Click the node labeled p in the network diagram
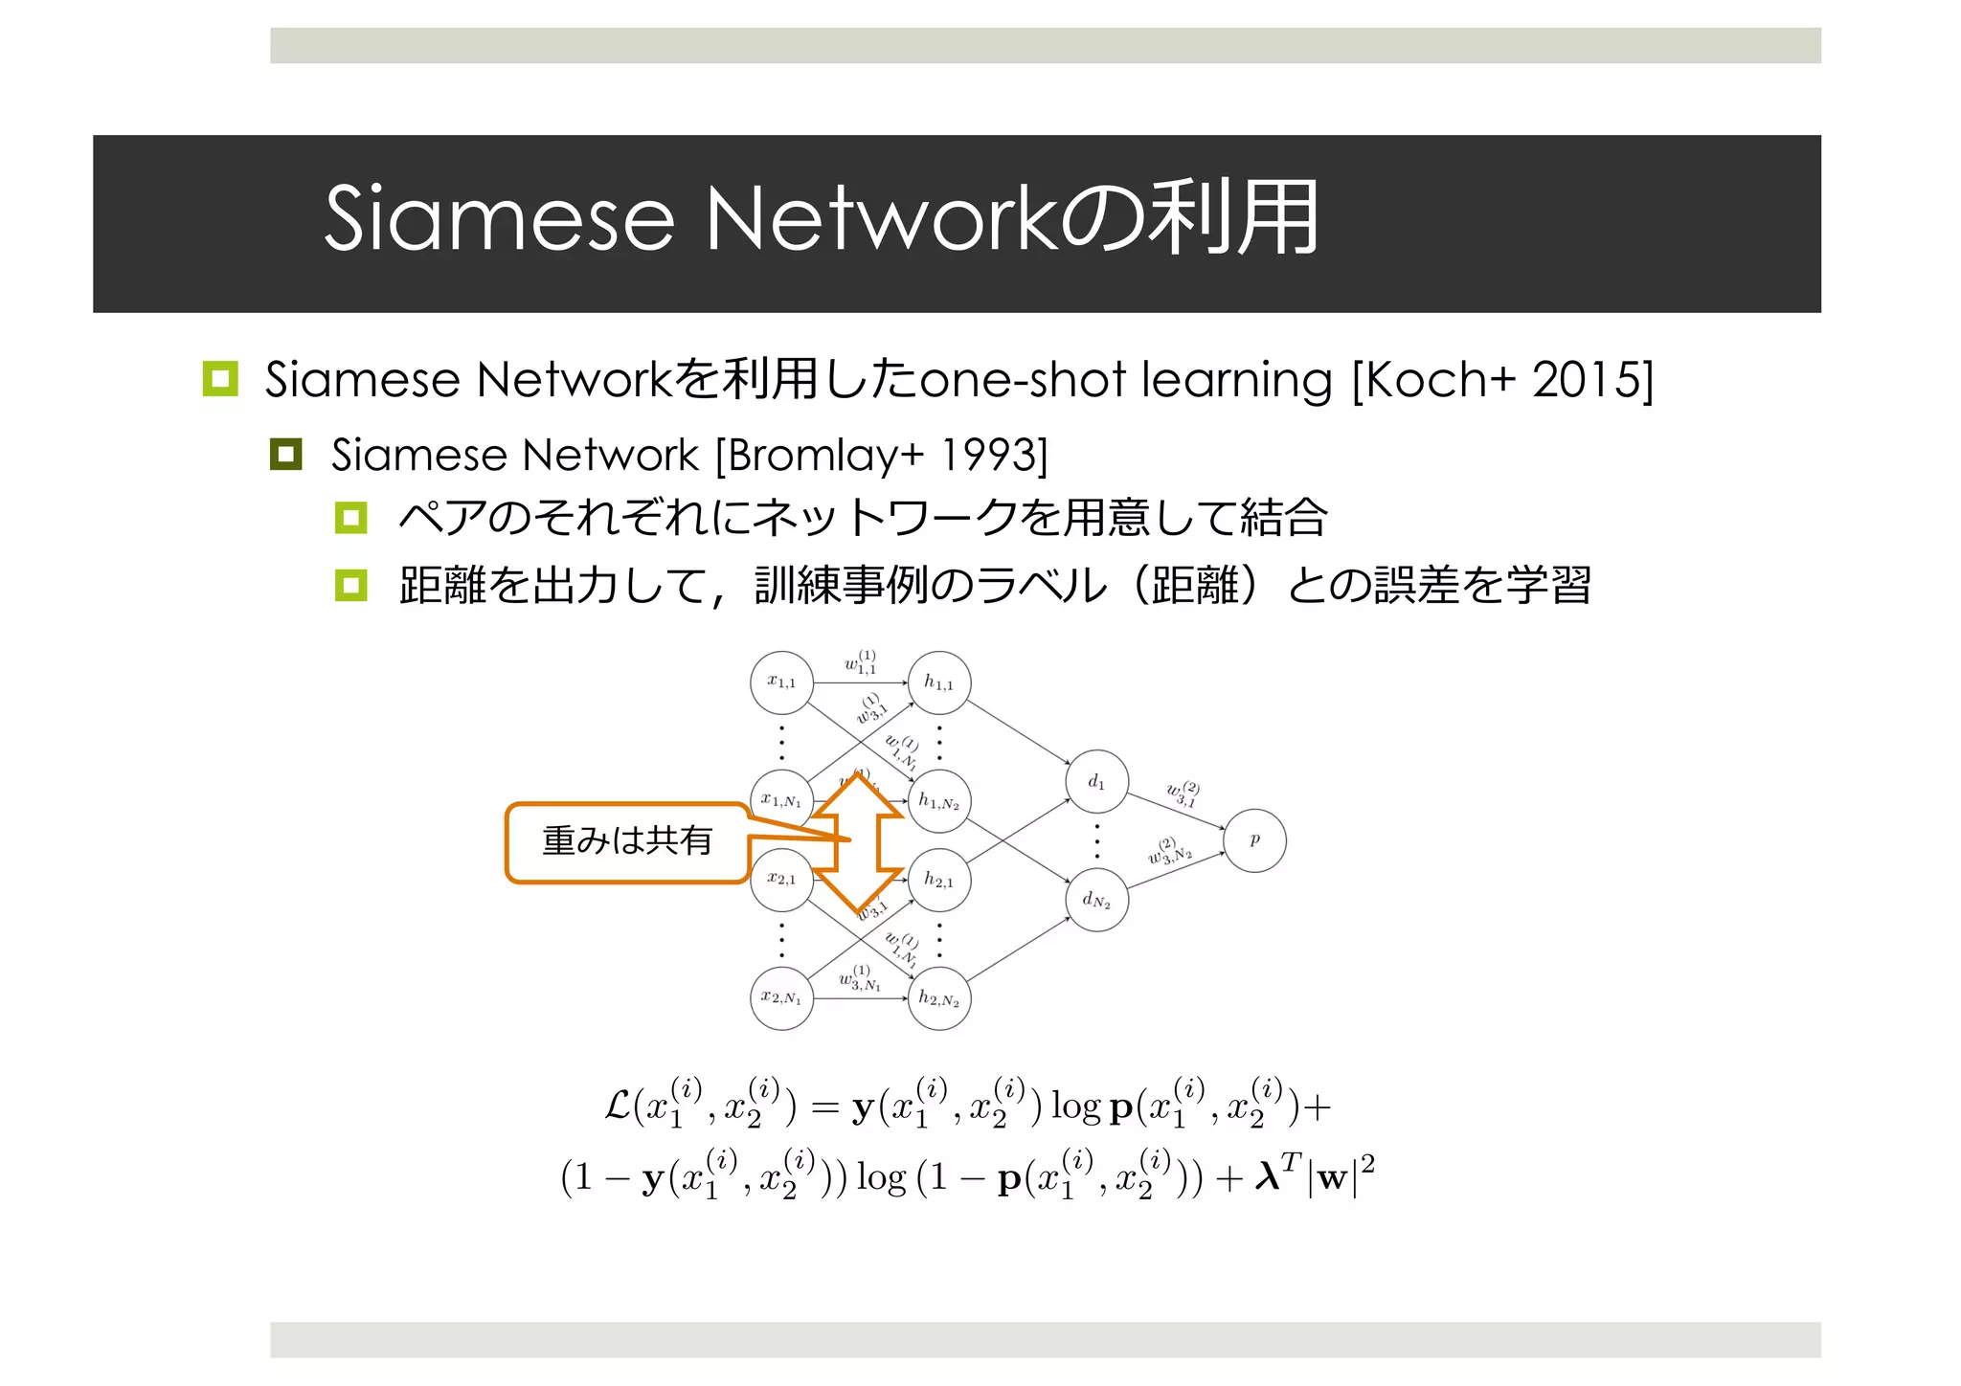coord(1254,840)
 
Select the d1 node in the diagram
coord(1096,782)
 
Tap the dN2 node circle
coord(1096,900)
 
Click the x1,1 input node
coord(781,682)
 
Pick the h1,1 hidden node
coord(938,682)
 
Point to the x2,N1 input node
coord(781,997)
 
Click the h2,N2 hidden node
coord(938,999)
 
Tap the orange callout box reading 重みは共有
coord(627,841)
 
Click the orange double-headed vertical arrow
coord(859,842)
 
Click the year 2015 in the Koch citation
coord(1585,380)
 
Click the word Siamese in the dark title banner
coord(499,219)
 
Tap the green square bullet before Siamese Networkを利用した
coord(220,379)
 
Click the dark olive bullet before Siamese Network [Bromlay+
coord(285,454)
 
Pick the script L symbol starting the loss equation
coord(618,1107)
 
